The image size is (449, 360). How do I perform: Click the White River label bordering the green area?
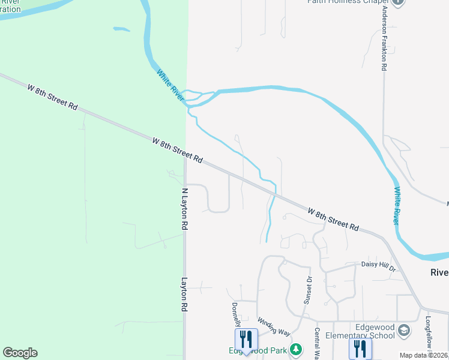point(169,84)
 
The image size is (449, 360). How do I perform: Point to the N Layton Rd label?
point(185,209)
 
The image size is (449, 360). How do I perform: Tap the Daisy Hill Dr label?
point(379,264)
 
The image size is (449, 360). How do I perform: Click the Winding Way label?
point(274,327)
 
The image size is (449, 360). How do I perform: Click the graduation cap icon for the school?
point(405,330)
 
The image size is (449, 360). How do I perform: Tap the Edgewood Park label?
point(257,351)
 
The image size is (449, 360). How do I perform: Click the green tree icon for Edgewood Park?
point(295,349)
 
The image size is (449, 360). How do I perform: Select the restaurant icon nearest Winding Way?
point(246,339)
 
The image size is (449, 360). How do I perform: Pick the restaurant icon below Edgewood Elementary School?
point(360,348)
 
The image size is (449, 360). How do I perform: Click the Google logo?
point(20,353)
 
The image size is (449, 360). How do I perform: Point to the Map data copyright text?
point(424,355)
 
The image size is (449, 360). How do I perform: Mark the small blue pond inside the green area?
point(121,29)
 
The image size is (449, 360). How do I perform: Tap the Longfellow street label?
point(429,333)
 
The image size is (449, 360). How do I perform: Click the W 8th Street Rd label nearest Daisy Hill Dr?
point(333,220)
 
